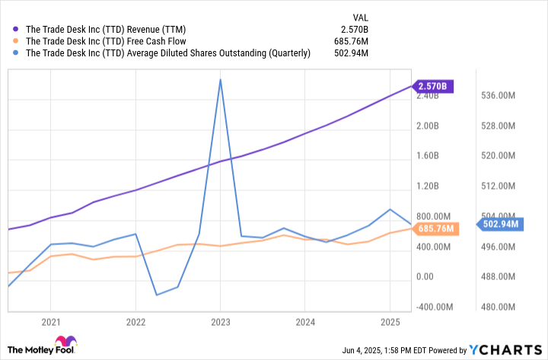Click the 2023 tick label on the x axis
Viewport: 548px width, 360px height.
(220, 323)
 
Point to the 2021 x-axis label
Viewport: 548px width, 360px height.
(51, 323)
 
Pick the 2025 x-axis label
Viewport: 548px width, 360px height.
(389, 323)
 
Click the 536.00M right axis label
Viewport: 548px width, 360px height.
(502, 96)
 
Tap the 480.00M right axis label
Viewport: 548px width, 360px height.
(502, 307)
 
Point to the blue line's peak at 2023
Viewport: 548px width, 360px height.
(220, 79)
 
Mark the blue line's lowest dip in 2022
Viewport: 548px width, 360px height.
(156, 295)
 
